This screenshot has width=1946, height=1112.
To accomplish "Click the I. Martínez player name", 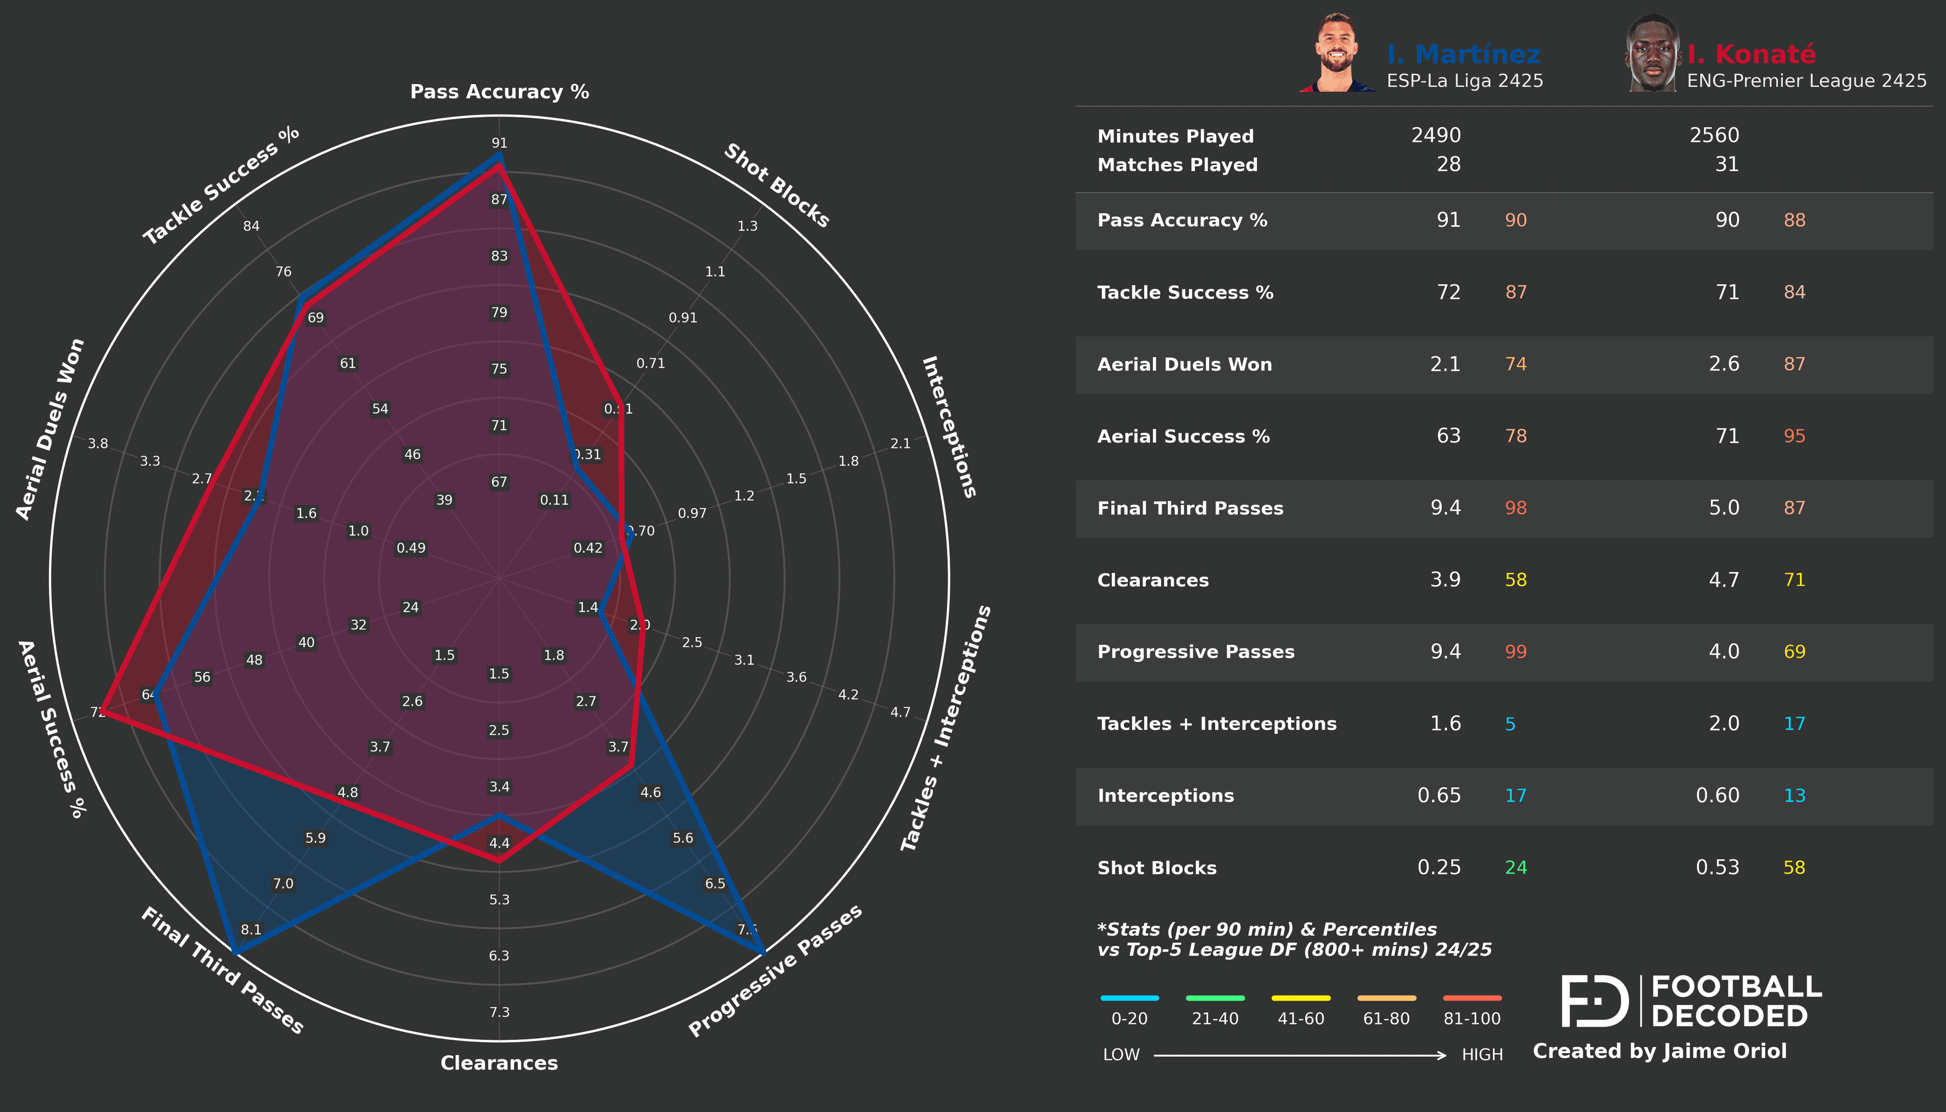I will coord(1464,54).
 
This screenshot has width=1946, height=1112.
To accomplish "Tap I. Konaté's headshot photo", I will coord(1652,54).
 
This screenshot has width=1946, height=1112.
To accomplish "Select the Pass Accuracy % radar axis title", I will coord(500,92).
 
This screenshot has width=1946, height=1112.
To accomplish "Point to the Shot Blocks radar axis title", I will coord(777,185).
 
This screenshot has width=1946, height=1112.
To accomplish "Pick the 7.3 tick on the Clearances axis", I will coord(500,1012).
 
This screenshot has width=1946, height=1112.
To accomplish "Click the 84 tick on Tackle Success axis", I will coord(251,226).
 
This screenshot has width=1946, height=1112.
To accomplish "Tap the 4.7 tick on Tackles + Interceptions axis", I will coord(901,712).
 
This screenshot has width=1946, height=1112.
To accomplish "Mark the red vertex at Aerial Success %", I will coord(103,713).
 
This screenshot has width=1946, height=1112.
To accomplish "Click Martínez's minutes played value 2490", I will coord(1435,135).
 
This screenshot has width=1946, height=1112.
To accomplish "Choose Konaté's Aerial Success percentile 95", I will coord(1794,436).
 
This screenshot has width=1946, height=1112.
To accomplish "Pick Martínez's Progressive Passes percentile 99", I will coord(1515,651).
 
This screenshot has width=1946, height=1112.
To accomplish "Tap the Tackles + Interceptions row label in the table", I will coord(1217,723).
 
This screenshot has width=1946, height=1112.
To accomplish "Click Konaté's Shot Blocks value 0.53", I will coord(1717,868).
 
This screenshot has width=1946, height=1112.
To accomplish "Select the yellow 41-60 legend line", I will coord(1301,998).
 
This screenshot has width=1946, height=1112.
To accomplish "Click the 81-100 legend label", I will coord(1472,1018).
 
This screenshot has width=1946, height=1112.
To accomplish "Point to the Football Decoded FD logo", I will coord(1595,1001).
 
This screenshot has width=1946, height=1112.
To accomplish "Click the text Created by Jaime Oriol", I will coord(1660,1051).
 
